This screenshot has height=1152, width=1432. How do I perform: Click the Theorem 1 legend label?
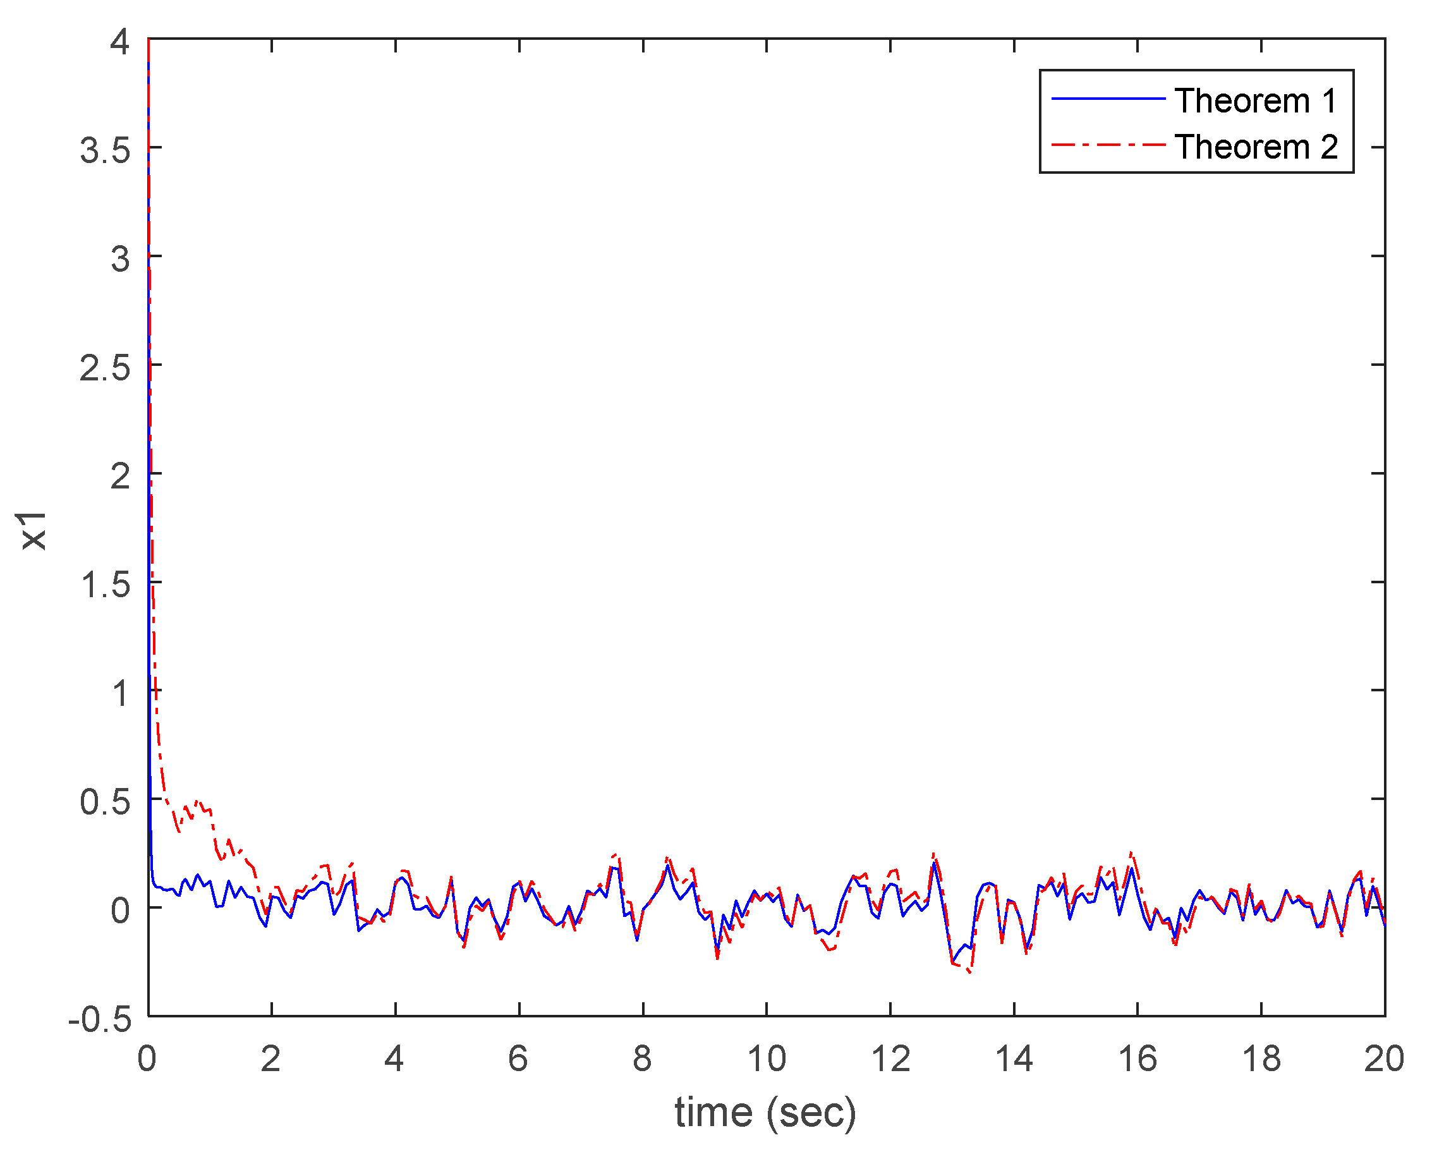pyautogui.click(x=1254, y=101)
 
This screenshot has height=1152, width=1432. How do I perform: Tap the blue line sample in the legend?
pyautogui.click(x=1108, y=99)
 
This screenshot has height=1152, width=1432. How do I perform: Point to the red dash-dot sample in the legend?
pyautogui.click(x=1108, y=144)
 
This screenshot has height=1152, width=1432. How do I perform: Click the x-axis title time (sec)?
pyautogui.click(x=765, y=1112)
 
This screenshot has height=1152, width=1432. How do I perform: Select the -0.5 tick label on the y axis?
pyautogui.click(x=100, y=1019)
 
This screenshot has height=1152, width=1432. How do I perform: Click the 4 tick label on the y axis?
pyautogui.click(x=119, y=42)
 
